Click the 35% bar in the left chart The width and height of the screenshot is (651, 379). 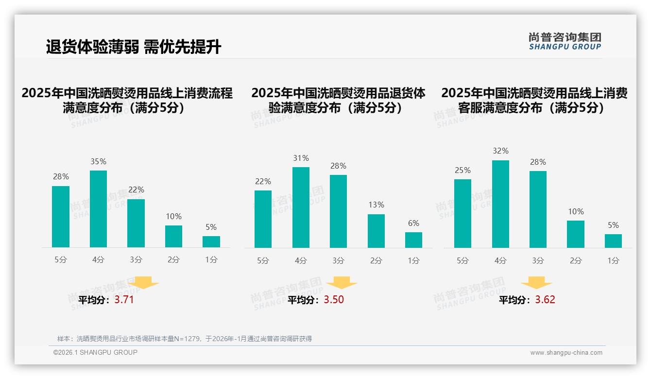click(98, 209)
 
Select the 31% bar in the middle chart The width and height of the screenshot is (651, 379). click(301, 207)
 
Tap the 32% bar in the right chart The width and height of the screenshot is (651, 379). click(500, 204)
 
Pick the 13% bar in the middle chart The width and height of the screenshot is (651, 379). click(376, 231)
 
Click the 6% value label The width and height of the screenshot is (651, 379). click(413, 223)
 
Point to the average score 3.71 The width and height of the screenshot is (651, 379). click(124, 300)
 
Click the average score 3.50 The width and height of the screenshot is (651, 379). click(334, 300)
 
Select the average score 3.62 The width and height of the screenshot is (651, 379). click(545, 300)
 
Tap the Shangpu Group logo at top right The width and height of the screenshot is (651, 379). click(565, 41)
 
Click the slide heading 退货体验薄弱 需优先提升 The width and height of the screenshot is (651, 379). click(134, 47)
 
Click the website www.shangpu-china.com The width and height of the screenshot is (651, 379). click(566, 353)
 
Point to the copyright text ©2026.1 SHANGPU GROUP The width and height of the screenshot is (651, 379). click(95, 352)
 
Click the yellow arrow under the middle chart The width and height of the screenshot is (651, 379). click(342, 283)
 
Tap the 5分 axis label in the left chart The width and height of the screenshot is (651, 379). click(61, 260)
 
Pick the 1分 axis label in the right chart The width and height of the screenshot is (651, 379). click(613, 261)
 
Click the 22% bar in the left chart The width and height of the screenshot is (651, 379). click(136, 223)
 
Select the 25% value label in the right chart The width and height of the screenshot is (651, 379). click(463, 170)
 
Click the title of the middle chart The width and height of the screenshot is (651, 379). click(338, 100)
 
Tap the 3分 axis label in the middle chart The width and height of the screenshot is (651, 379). click(338, 261)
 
